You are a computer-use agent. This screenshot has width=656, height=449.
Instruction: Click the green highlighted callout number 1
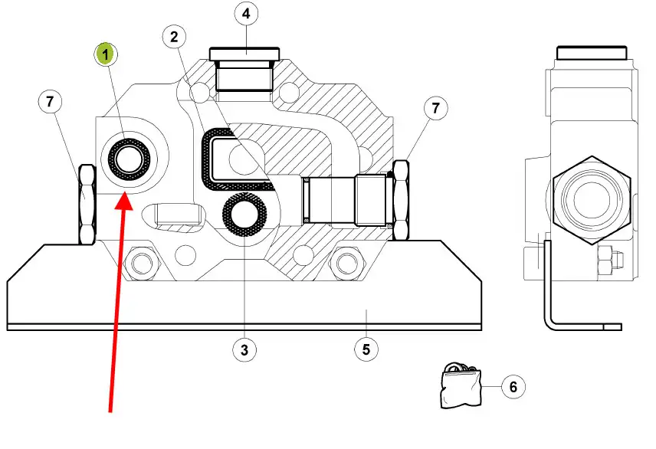point(105,54)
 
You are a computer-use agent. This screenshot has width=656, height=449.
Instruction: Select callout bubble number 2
point(175,36)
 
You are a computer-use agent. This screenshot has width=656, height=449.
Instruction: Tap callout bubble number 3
point(244,351)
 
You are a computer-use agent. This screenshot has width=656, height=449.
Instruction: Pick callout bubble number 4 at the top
point(245,14)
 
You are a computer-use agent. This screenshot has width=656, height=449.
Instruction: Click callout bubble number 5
point(366,350)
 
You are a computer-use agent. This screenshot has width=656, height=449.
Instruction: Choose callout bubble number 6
point(513,386)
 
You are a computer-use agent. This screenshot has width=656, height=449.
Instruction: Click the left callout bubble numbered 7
point(51,101)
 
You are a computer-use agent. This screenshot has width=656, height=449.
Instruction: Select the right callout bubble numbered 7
point(435,109)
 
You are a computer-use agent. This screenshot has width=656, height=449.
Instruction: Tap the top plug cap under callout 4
point(244,54)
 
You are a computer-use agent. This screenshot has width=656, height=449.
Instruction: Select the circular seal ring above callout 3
point(244,215)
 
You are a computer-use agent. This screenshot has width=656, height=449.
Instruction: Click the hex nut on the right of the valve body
point(401,198)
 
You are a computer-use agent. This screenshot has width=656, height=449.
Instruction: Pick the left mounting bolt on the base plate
point(139,264)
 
